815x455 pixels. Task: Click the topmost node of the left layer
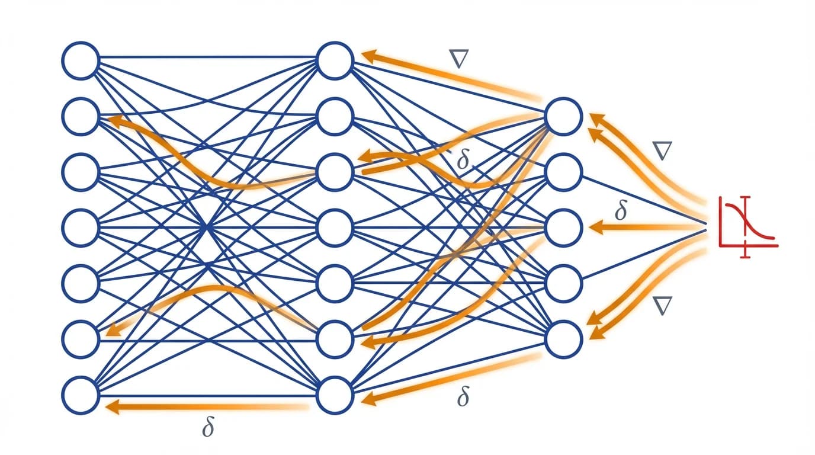pyautogui.click(x=81, y=60)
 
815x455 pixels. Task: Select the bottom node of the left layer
pyautogui.click(x=81, y=395)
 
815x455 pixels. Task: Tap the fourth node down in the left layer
pyautogui.click(x=81, y=227)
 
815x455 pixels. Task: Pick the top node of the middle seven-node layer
pyautogui.click(x=335, y=60)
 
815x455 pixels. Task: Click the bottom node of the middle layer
pyautogui.click(x=335, y=395)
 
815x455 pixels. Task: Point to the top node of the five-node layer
pyautogui.click(x=563, y=117)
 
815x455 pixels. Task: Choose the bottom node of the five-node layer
pyautogui.click(x=563, y=339)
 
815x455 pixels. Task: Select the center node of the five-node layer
pyautogui.click(x=563, y=228)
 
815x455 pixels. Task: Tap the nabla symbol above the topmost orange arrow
pyautogui.click(x=459, y=59)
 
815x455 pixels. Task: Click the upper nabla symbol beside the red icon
pyautogui.click(x=662, y=151)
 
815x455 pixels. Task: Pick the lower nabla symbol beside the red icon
pyautogui.click(x=662, y=306)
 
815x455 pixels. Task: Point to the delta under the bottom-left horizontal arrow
pyautogui.click(x=207, y=427)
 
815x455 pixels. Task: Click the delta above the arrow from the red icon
pyautogui.click(x=621, y=210)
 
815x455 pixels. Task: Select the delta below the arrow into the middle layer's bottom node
pyautogui.click(x=463, y=398)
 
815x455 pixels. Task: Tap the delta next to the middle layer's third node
pyautogui.click(x=463, y=159)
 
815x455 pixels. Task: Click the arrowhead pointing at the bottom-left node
pyautogui.click(x=111, y=406)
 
